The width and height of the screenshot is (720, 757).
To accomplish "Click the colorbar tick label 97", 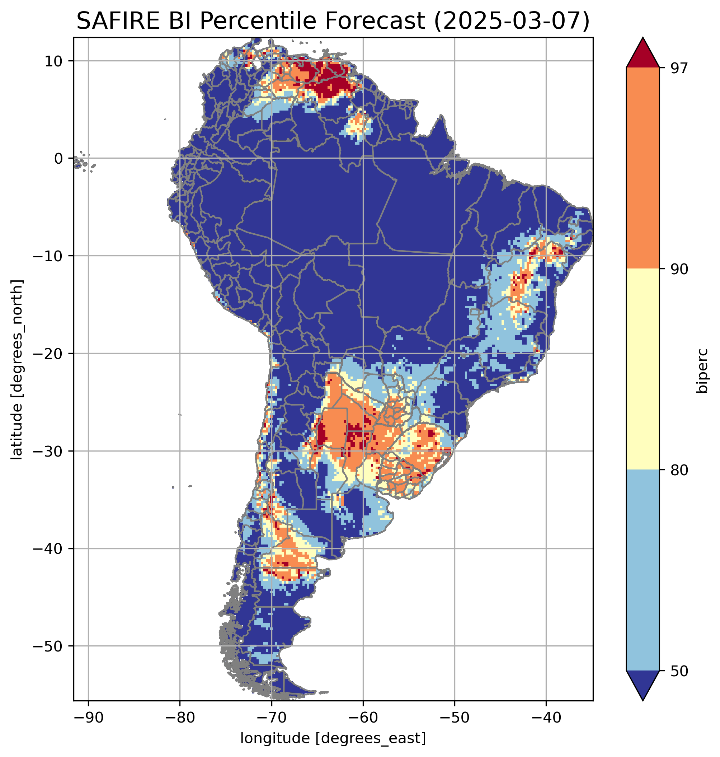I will (x=679, y=68).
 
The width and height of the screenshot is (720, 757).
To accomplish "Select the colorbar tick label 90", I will (x=679, y=269).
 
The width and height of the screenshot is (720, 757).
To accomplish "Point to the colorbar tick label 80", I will (x=679, y=470).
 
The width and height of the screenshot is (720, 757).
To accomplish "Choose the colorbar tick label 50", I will (x=679, y=671).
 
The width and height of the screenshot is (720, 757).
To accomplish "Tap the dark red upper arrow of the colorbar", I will (x=643, y=54).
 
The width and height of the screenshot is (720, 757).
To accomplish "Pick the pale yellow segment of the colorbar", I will (x=643, y=369).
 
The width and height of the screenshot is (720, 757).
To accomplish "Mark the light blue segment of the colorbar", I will (x=643, y=570).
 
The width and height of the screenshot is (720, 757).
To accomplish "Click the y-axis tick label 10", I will (x=54, y=61).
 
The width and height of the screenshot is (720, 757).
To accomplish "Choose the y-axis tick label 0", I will (x=59, y=159).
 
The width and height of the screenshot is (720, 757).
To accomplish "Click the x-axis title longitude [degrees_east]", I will (x=333, y=738).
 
